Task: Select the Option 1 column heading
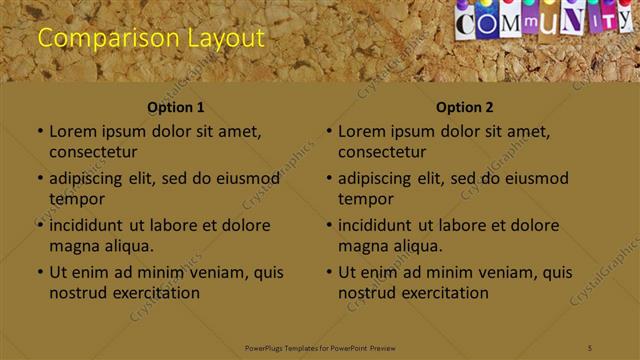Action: point(176,107)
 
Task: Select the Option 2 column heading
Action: point(465,107)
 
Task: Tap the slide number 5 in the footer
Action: point(591,348)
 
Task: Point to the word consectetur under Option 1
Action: point(93,152)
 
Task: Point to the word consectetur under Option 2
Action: point(382,152)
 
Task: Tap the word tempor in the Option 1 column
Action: point(77,199)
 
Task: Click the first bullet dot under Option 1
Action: point(40,132)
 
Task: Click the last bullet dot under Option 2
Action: point(329,272)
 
